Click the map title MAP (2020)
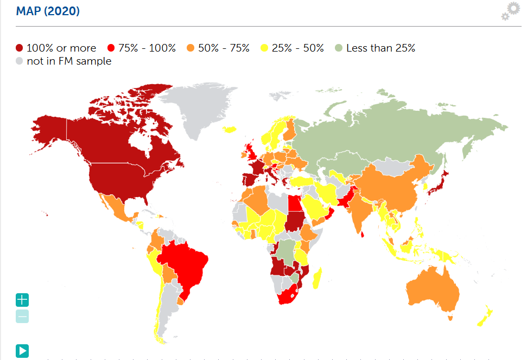pyautogui.click(x=48, y=11)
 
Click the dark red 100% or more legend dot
pyautogui.click(x=20, y=48)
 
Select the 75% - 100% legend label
pyautogui.click(x=147, y=48)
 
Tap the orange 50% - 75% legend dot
pyautogui.click(x=191, y=48)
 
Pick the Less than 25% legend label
pyautogui.click(x=380, y=48)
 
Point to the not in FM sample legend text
pyautogui.click(x=69, y=61)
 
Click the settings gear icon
pyautogui.click(x=510, y=11)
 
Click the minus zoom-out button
pyautogui.click(x=22, y=317)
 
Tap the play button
pyautogui.click(x=22, y=351)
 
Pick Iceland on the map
pyautogui.click(x=231, y=129)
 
